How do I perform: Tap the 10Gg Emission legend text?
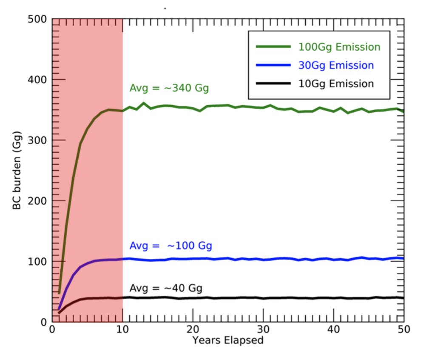click(336, 84)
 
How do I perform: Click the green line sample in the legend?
click(273, 47)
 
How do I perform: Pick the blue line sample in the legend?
click(273, 66)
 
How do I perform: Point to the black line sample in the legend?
click(273, 84)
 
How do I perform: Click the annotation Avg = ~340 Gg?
click(169, 89)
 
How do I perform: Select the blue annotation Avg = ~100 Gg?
click(170, 246)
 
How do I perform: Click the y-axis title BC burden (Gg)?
click(17, 170)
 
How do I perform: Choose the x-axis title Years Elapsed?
click(227, 340)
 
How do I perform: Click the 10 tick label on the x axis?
click(122, 330)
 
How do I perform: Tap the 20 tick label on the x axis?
click(193, 330)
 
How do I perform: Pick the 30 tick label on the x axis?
click(263, 330)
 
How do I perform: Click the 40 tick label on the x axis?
click(334, 330)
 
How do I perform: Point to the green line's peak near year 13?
click(144, 103)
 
